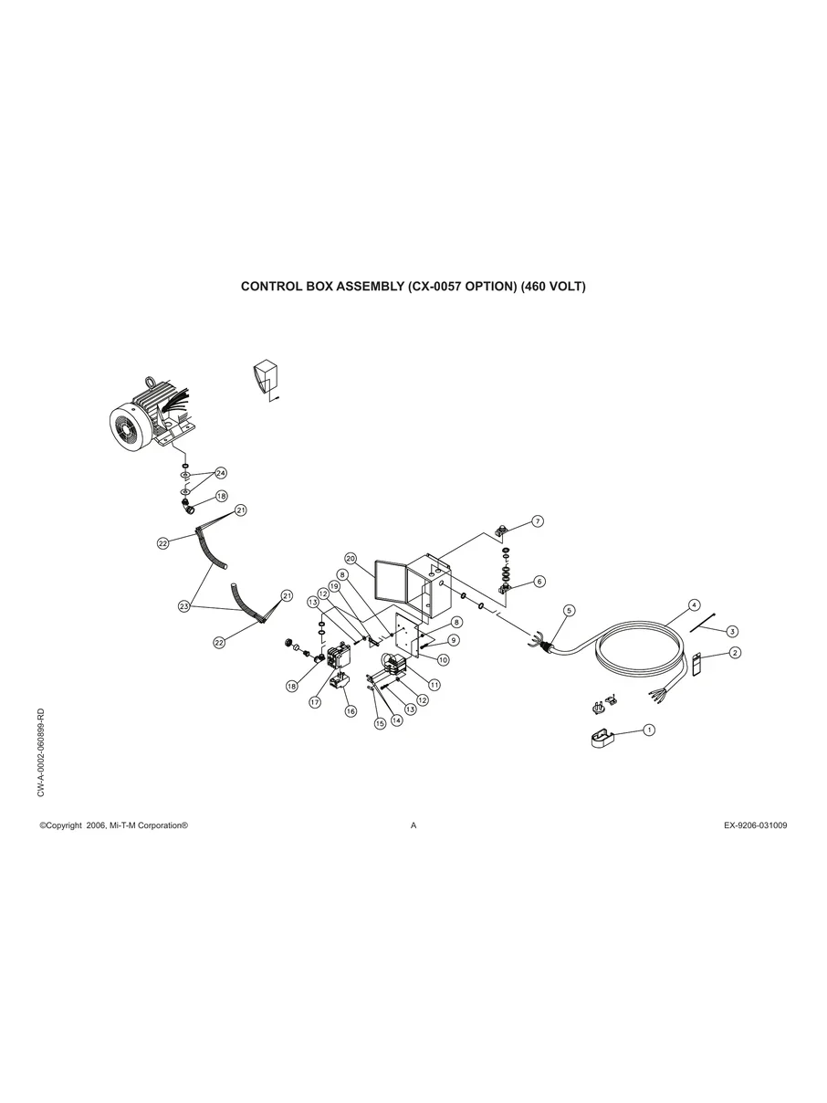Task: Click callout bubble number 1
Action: click(x=649, y=730)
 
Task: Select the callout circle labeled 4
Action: click(x=694, y=604)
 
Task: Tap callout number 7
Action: click(x=538, y=521)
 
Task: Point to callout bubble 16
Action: click(x=351, y=709)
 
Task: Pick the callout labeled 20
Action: click(x=350, y=558)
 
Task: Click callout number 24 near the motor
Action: click(x=220, y=473)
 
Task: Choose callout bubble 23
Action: click(x=184, y=605)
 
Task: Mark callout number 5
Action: click(x=570, y=609)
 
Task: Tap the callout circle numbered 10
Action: click(x=443, y=659)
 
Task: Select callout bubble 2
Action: click(x=735, y=652)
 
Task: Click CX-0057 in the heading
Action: click(x=436, y=286)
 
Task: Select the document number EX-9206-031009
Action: click(x=755, y=825)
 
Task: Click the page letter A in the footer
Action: click(x=413, y=825)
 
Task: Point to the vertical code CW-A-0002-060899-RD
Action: click(x=42, y=751)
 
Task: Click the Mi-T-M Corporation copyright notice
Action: click(x=114, y=825)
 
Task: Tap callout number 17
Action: click(x=314, y=702)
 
